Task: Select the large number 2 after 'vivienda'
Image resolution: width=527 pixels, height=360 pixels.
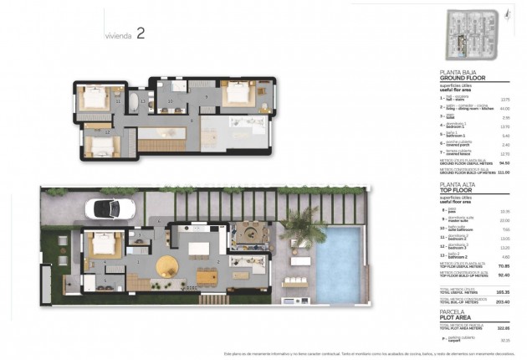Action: [141, 34]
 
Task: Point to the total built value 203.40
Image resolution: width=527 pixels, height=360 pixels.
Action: [503, 303]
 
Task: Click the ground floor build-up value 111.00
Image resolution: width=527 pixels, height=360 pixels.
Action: [503, 172]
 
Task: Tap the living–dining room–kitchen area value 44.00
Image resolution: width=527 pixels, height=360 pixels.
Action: [504, 108]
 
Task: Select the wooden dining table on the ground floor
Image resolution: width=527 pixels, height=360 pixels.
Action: [205, 277]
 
